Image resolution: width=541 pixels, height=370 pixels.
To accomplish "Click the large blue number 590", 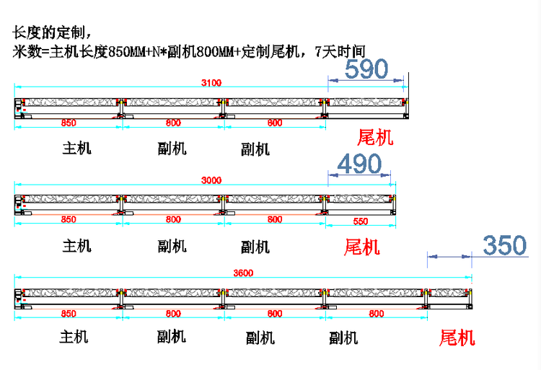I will [x=367, y=69].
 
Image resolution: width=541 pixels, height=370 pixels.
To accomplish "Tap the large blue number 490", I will [x=359, y=164].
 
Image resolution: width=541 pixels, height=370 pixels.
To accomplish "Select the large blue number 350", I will [x=505, y=246].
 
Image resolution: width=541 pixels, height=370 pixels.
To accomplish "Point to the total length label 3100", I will [x=211, y=83].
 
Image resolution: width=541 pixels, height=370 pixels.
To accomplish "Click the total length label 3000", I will [x=211, y=180].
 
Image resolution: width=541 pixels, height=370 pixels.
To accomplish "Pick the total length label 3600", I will [x=243, y=273].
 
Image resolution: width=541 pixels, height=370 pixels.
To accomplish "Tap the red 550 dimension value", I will [x=361, y=220].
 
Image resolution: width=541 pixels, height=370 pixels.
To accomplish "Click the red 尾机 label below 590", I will [x=376, y=138].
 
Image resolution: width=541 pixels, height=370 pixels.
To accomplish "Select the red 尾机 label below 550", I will [x=362, y=247].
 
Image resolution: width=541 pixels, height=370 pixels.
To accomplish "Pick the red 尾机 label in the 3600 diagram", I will [x=457, y=338].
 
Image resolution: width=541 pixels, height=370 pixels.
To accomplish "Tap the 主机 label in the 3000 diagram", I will [x=77, y=245].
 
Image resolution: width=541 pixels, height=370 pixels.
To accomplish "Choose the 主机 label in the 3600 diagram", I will [x=74, y=337].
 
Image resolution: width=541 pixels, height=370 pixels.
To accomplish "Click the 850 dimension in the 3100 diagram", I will [x=68, y=123].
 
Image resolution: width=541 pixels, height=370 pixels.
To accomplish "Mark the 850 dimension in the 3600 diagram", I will [x=68, y=314].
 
